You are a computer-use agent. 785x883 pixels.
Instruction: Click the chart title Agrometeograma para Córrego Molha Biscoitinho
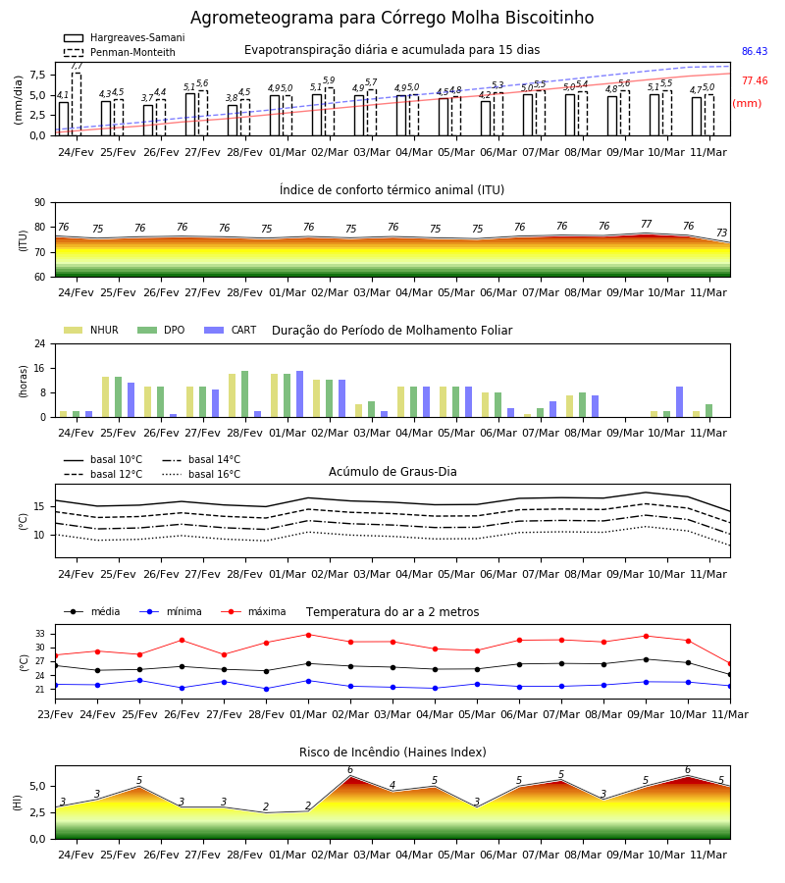pos(392,18)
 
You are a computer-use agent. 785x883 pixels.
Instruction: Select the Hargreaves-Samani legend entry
pos(125,37)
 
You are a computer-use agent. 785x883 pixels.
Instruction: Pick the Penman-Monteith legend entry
pos(120,52)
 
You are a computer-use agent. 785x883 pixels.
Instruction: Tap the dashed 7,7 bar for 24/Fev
pos(76,104)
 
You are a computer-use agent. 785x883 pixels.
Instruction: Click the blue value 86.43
pos(755,51)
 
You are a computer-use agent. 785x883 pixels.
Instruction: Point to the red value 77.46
pos(755,80)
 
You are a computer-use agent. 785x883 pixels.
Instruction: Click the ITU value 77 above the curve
pos(646,224)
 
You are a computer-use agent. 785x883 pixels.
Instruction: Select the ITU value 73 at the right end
pos(721,233)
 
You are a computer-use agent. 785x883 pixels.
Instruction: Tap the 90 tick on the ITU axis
pos(40,203)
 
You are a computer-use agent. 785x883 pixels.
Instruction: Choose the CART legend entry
pos(231,330)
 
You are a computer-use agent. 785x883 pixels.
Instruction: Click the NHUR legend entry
pos(91,330)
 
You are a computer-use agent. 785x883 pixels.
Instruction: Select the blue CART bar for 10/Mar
pos(679,402)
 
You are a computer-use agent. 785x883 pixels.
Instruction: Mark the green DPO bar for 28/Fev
pos(245,394)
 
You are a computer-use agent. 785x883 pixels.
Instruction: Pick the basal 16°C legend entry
pos(201,474)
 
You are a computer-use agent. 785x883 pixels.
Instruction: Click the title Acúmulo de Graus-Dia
pos(392,472)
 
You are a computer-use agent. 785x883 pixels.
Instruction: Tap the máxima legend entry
pos(253,611)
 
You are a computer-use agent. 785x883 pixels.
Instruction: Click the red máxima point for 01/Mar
pos(308,635)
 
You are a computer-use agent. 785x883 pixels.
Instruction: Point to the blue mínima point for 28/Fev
pos(266,689)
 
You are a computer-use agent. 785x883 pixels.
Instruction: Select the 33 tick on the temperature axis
pos(40,634)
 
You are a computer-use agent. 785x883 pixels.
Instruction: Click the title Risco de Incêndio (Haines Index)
pos(392,753)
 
